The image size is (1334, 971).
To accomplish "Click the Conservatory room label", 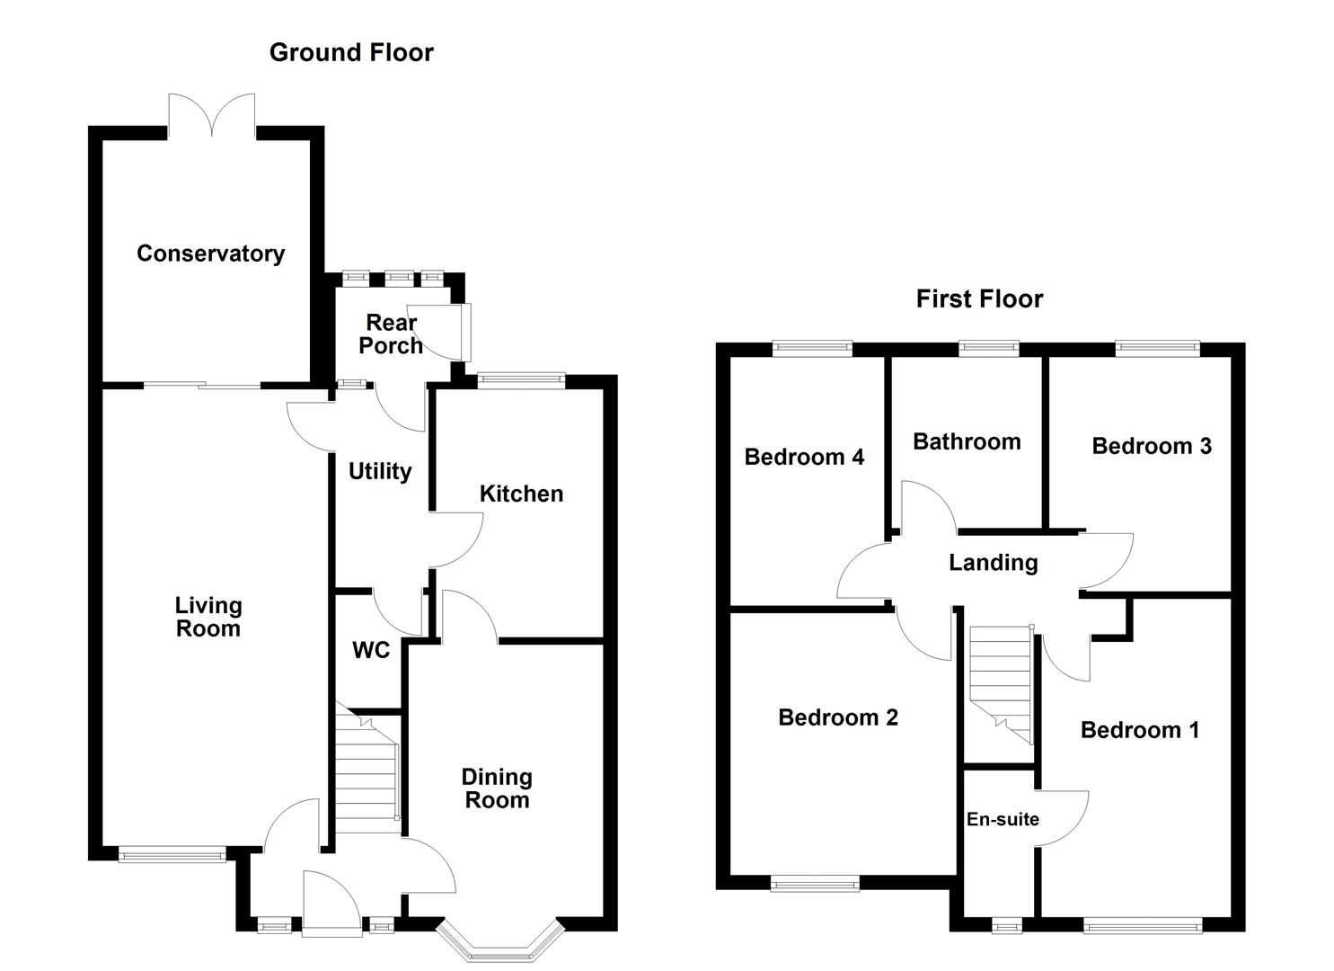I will tap(210, 254).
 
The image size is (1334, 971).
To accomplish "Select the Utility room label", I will tap(379, 471).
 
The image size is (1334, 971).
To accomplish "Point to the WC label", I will tap(371, 650).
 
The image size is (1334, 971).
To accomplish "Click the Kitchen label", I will tap(521, 494).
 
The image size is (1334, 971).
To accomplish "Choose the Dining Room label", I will tap(497, 788).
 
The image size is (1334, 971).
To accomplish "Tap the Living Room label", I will tap(208, 617).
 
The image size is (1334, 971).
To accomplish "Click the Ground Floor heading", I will tap(351, 52).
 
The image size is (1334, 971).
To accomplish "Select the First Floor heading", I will tap(979, 298).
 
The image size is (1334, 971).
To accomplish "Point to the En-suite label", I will tap(1003, 819).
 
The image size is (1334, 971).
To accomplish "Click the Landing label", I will tap(993, 563).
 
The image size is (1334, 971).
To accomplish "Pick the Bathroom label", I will tap(967, 441).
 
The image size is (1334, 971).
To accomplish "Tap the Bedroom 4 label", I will tap(804, 457).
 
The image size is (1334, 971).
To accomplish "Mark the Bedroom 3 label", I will tap(1151, 446).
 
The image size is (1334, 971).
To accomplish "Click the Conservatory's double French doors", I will tap(211, 115).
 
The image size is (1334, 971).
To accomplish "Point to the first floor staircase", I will tap(999, 679).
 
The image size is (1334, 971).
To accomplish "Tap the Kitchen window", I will tap(521, 381).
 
